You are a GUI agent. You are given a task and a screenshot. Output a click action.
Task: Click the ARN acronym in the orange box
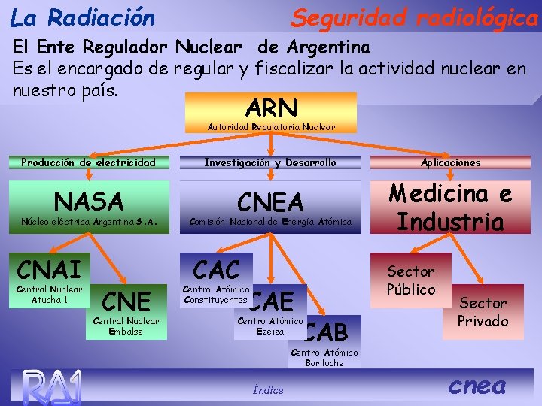271,107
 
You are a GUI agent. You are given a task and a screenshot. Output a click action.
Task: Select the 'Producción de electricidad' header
89,162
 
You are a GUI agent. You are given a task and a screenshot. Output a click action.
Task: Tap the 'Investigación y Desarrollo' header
271,162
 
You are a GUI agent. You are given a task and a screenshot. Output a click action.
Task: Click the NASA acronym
89,201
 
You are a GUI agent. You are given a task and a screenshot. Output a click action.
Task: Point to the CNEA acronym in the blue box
271,201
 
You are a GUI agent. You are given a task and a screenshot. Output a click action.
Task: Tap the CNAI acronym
49,268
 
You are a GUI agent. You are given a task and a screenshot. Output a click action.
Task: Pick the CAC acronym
217,269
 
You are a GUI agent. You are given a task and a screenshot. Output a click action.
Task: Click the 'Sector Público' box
411,280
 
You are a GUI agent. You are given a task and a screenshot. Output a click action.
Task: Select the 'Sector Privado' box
483,311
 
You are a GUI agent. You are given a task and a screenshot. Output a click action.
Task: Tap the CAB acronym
327,331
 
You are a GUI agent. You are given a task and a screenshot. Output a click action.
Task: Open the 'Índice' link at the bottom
269,389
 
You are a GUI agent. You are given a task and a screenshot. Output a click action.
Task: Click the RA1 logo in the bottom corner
51,386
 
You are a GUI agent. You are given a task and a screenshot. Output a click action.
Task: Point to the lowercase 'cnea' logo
477,386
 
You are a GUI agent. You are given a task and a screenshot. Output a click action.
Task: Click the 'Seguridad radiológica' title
415,17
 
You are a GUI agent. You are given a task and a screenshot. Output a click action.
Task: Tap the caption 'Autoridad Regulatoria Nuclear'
271,127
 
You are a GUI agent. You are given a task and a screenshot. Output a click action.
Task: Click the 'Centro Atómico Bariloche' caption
325,358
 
